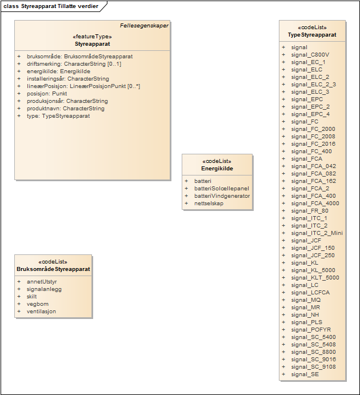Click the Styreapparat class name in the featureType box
pyautogui.click(x=93, y=43)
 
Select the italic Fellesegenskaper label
pyautogui.click(x=144, y=26)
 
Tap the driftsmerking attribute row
pyautogui.click(x=74, y=64)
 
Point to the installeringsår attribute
pyautogui.click(x=67, y=79)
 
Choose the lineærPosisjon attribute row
pyautogui.click(x=83, y=86)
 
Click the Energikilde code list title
pyautogui.click(x=217, y=169)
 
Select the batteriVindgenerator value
pyautogui.click(x=222, y=196)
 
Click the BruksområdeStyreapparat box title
pyautogui.click(x=53, y=269)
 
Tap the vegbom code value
pyautogui.click(x=38, y=304)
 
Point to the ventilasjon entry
pyautogui.click(x=41, y=312)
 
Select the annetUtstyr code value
pyautogui.click(x=42, y=282)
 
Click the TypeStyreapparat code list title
pyautogui.click(x=312, y=35)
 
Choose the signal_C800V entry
pyautogui.click(x=310, y=55)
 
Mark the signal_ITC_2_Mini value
pyautogui.click(x=317, y=233)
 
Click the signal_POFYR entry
pyautogui.click(x=310, y=330)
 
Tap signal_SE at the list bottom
pyautogui.click(x=305, y=374)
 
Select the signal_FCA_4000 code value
pyautogui.click(x=315, y=204)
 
